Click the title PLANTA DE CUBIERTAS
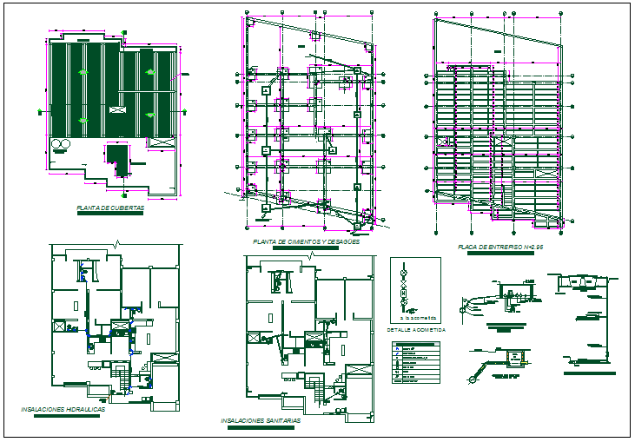click(x=110, y=208)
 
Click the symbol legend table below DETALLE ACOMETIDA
click(x=416, y=363)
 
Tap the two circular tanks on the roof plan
click(x=62, y=144)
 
